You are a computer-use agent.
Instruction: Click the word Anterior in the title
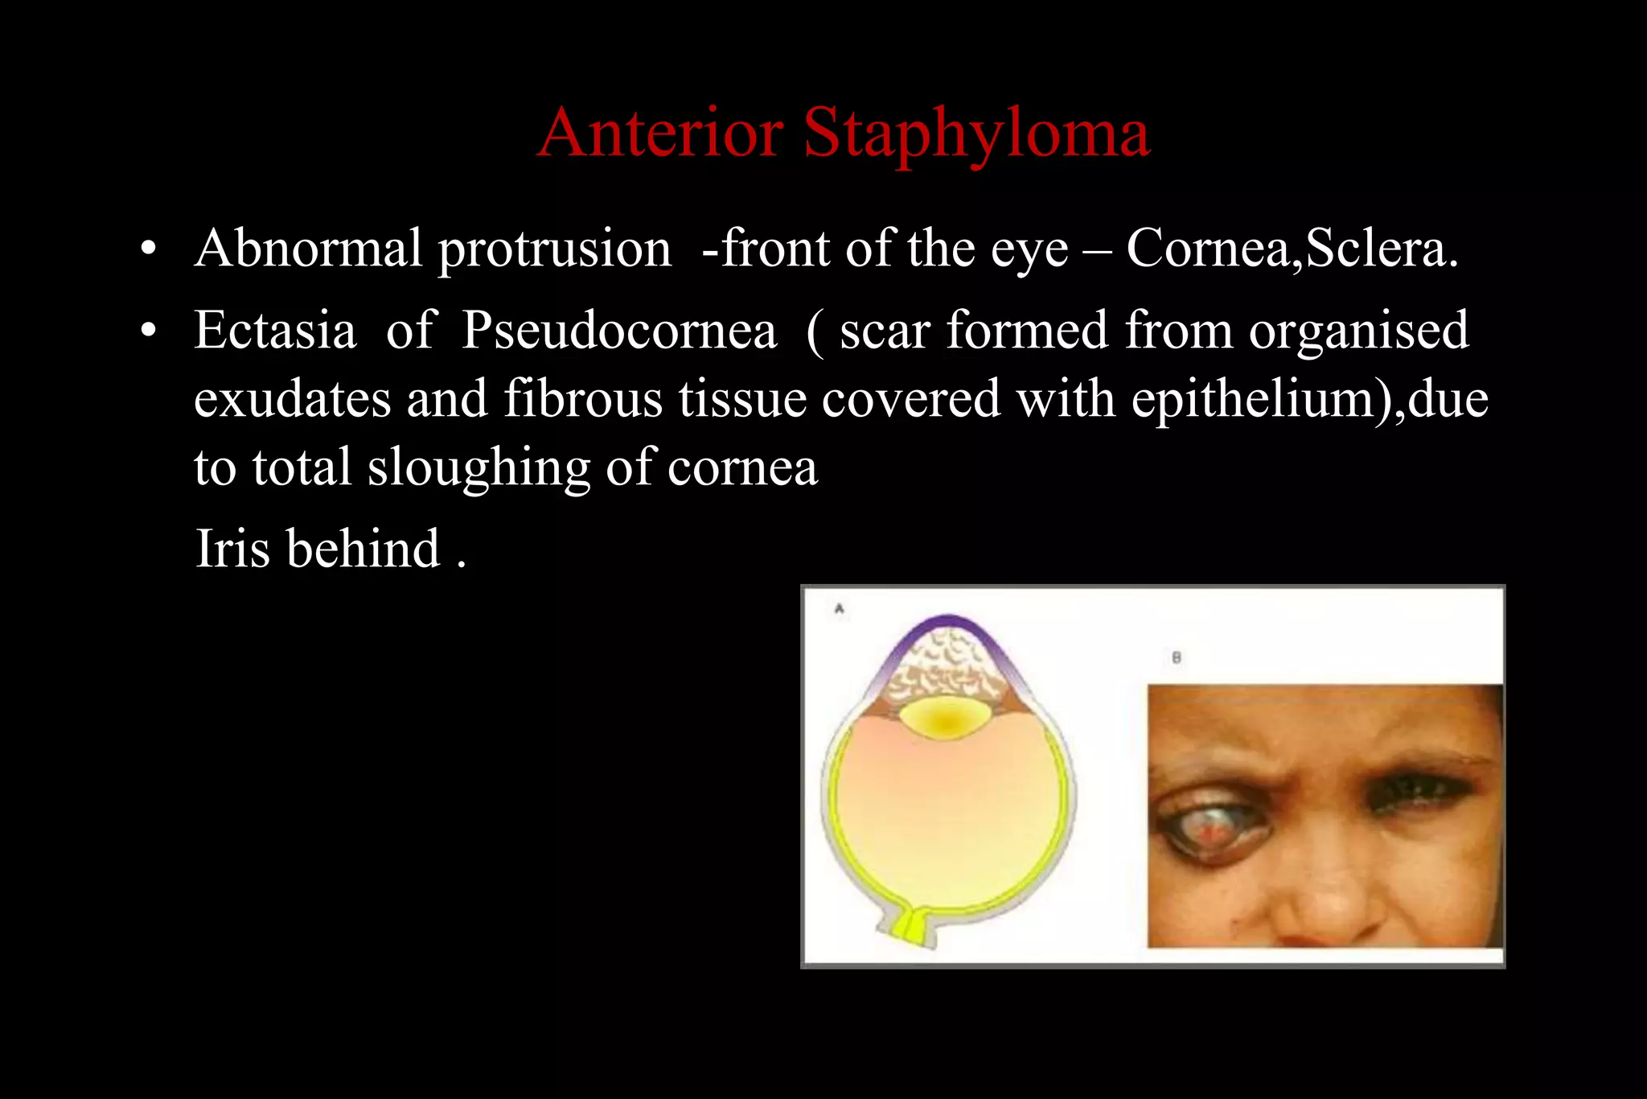[660, 133]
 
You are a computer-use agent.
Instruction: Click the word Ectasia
[275, 331]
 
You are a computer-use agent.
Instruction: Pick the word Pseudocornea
[619, 331]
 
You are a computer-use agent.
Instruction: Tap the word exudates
[293, 400]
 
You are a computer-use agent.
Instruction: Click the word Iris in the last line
[232, 549]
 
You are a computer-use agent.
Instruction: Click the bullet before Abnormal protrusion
[148, 249]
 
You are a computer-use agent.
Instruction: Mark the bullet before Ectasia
[148, 331]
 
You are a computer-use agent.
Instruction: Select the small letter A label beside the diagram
[840, 609]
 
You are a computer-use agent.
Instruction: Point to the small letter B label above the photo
[1177, 657]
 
